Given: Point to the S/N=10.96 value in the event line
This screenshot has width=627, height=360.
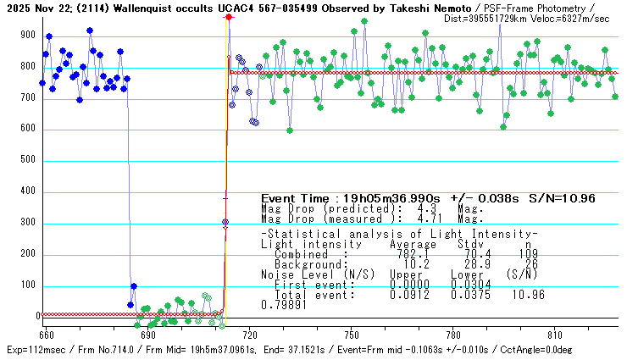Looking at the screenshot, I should point(562,198).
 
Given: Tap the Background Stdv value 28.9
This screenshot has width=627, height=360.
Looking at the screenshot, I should point(466,264).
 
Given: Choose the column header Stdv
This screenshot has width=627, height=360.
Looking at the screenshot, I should point(467,243).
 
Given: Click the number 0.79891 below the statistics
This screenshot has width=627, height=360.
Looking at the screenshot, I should point(281,306).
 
